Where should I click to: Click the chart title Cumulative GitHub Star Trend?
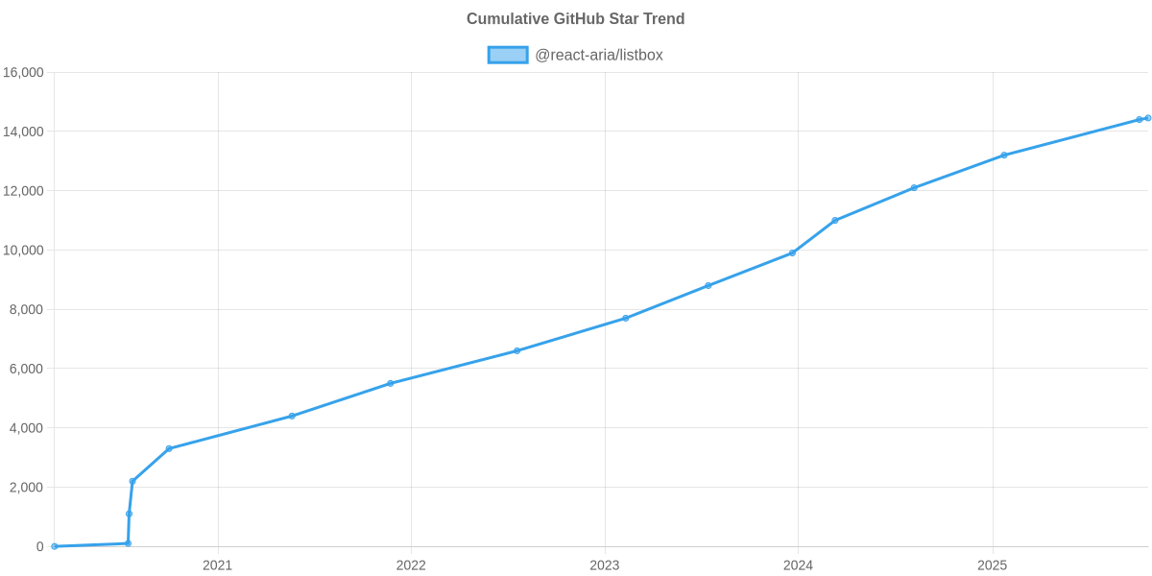575,19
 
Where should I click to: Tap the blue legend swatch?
507,55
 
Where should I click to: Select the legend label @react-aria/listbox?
598,55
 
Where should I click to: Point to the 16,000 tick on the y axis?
24,73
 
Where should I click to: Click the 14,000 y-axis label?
24,132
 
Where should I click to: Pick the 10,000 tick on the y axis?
24,251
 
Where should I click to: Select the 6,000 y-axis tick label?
26,369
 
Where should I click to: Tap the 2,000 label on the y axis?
26,488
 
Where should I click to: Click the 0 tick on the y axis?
39,546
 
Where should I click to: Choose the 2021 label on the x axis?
217,565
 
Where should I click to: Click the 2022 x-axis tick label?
411,565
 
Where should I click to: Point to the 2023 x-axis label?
604,565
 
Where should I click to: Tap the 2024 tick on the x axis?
798,565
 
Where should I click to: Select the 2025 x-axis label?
992,565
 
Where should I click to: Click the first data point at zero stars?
55,546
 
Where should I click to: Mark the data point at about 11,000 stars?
835,220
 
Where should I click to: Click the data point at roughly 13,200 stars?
1003,155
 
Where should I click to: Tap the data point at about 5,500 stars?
391,383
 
